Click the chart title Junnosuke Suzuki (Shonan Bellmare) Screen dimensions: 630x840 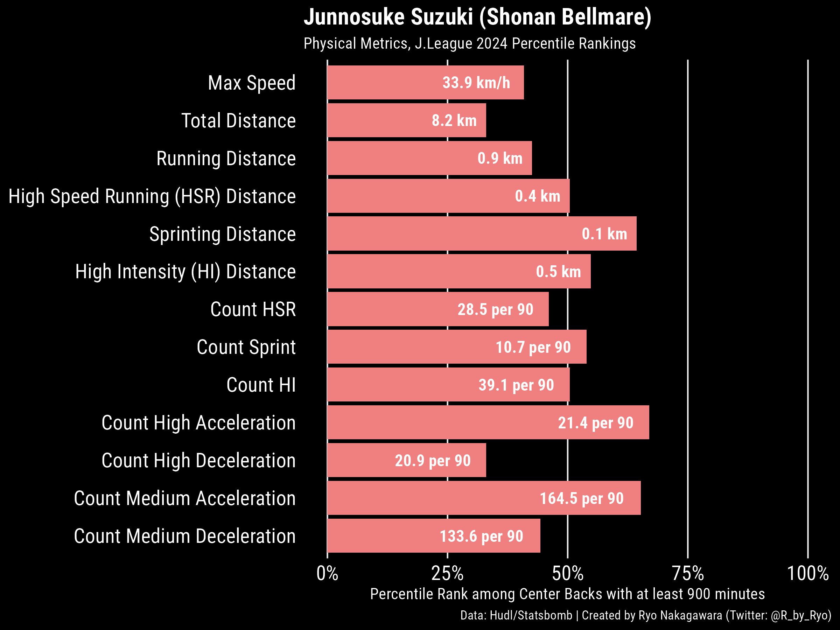tap(477, 17)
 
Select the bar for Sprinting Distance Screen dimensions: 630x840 tap(482, 233)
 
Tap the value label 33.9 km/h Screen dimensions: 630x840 tap(476, 83)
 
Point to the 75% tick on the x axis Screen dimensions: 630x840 tap(688, 573)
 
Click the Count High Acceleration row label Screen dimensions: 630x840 tap(198, 423)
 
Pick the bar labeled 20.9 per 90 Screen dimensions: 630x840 tap(406, 460)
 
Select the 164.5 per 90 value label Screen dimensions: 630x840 tap(581, 498)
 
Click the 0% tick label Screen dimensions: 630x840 tap(327, 573)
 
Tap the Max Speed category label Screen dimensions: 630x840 tap(251, 83)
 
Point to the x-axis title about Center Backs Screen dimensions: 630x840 tap(567, 594)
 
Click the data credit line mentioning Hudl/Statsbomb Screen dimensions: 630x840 tap(645, 615)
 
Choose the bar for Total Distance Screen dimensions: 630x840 tap(406, 120)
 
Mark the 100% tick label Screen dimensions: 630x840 tap(808, 573)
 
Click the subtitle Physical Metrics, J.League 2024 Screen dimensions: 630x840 tap(469, 43)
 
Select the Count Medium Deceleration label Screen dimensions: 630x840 tap(184, 536)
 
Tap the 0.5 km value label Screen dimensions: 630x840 tap(558, 272)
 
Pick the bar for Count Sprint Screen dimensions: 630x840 tap(456, 347)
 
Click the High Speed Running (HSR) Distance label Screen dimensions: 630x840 tap(152, 196)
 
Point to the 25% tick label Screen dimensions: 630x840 tap(447, 573)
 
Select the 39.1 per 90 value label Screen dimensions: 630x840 tap(516, 385)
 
